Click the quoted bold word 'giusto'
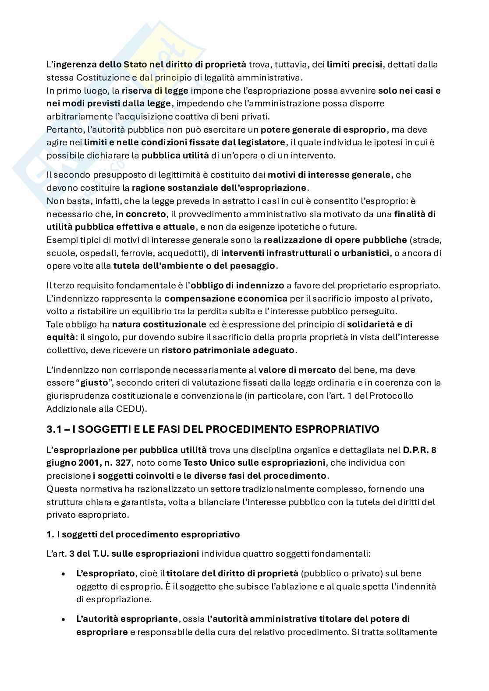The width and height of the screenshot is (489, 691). [x=93, y=383]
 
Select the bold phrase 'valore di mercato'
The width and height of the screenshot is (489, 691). [x=297, y=370]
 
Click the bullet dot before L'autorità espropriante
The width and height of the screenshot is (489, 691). [x=64, y=620]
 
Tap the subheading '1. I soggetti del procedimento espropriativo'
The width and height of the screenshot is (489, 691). [x=143, y=534]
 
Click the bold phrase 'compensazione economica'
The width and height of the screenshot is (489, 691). [x=226, y=298]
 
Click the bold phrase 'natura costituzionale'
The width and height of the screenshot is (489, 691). [x=159, y=324]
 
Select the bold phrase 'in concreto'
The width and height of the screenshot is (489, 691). [x=141, y=214]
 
